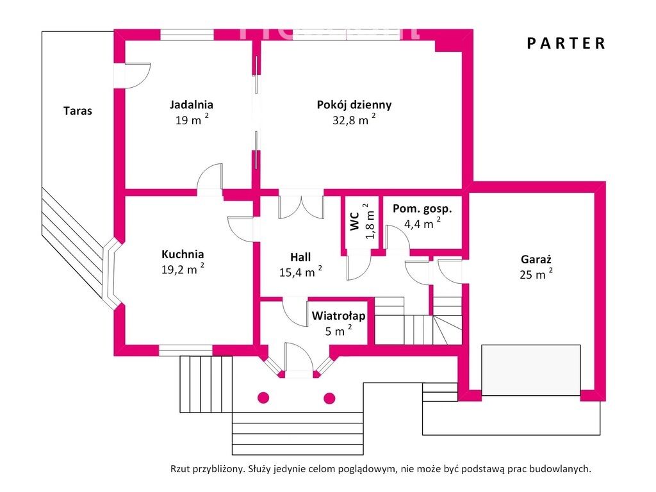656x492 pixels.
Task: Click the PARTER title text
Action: click(x=566, y=44)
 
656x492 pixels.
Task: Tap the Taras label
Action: click(x=78, y=111)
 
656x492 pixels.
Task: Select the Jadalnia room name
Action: click(x=191, y=104)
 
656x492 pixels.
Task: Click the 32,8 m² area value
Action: click(x=354, y=120)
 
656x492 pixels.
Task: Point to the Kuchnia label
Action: click(x=183, y=254)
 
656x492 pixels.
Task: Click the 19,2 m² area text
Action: click(x=183, y=269)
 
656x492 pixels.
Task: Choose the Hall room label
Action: click(x=300, y=257)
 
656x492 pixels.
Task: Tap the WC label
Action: click(x=355, y=221)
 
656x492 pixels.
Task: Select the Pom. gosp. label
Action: click(x=422, y=209)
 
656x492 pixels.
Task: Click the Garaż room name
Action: click(x=536, y=259)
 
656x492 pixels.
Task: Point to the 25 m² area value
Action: click(x=536, y=274)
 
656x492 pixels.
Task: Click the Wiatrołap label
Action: click(x=338, y=315)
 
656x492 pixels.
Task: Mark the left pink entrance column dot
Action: click(x=263, y=398)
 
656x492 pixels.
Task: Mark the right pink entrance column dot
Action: click(x=330, y=398)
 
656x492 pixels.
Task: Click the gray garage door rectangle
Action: click(x=531, y=370)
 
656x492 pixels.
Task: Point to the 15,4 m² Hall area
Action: click(x=300, y=272)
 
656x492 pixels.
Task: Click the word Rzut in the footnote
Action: click(x=179, y=468)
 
